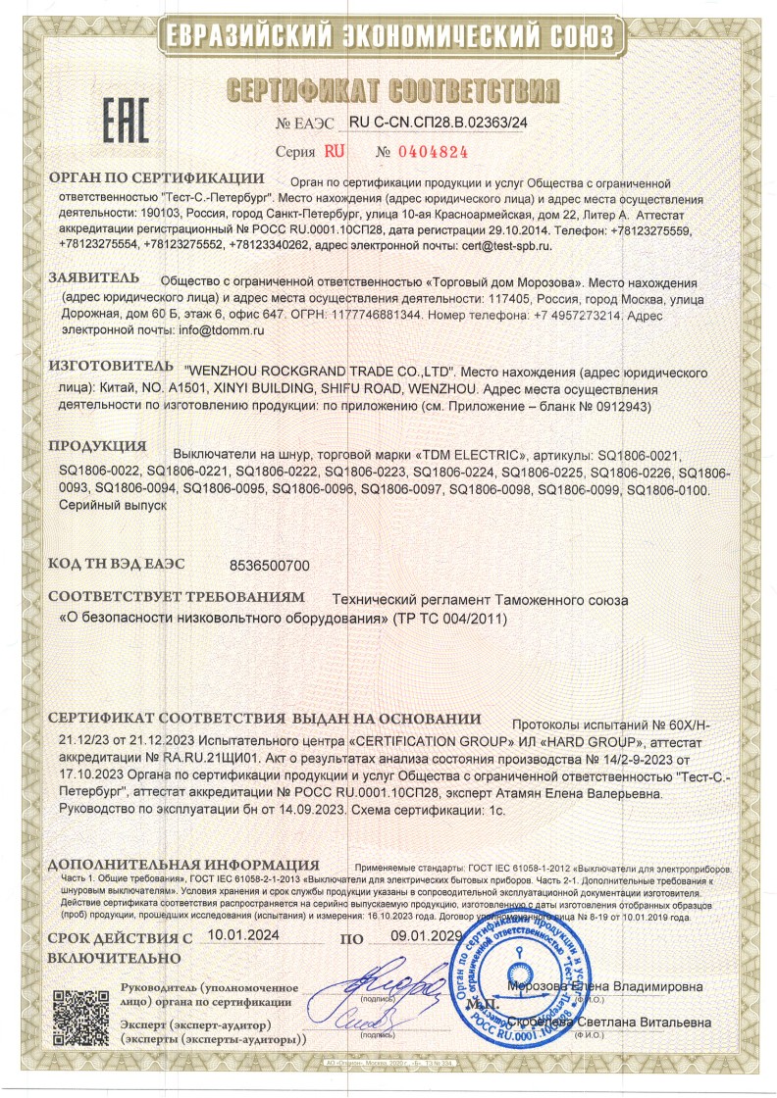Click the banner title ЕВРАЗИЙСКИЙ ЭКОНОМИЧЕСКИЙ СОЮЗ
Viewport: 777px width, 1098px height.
click(388, 35)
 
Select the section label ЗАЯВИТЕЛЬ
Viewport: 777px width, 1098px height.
click(94, 279)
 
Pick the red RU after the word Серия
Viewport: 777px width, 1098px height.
click(336, 152)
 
